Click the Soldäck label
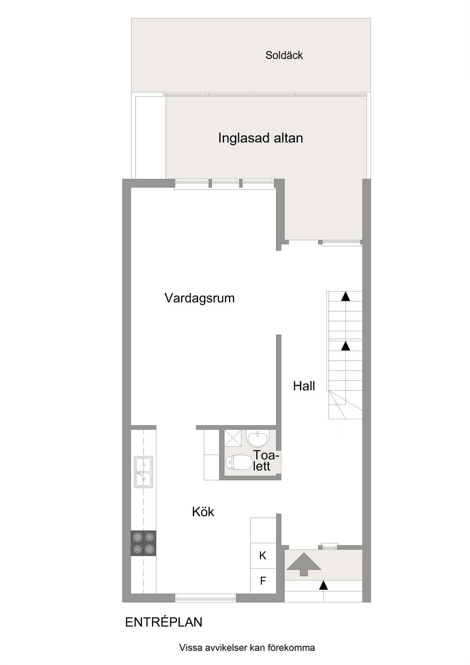(284, 55)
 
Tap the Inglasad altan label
(260, 138)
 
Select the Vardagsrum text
(199, 298)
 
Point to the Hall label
(304, 386)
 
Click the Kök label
(203, 512)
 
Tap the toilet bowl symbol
(239, 462)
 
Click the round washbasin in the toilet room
(258, 439)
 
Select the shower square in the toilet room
(233, 438)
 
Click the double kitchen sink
(144, 472)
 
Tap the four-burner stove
(144, 543)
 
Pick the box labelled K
(263, 556)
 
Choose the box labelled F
(263, 581)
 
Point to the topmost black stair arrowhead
(345, 296)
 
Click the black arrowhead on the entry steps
(324, 585)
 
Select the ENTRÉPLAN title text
(163, 622)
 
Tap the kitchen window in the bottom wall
(205, 598)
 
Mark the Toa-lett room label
(266, 461)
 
